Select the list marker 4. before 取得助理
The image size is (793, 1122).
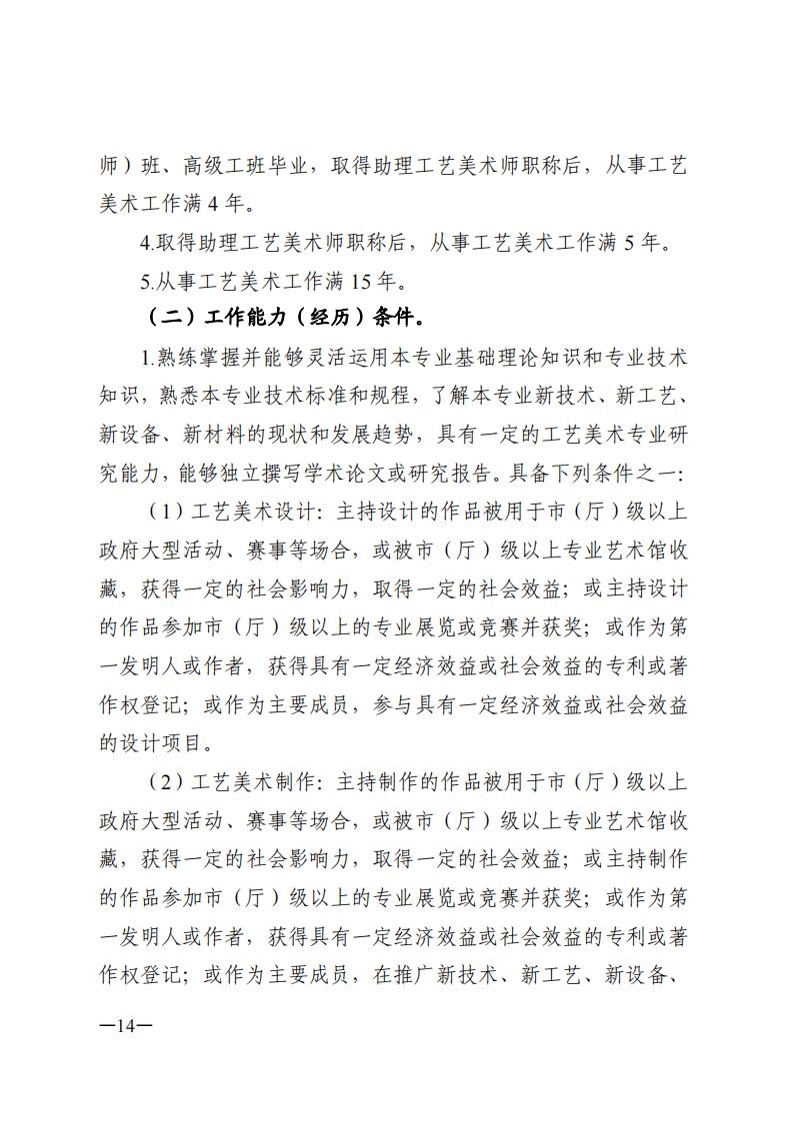point(148,243)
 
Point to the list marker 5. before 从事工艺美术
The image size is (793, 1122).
point(148,281)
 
